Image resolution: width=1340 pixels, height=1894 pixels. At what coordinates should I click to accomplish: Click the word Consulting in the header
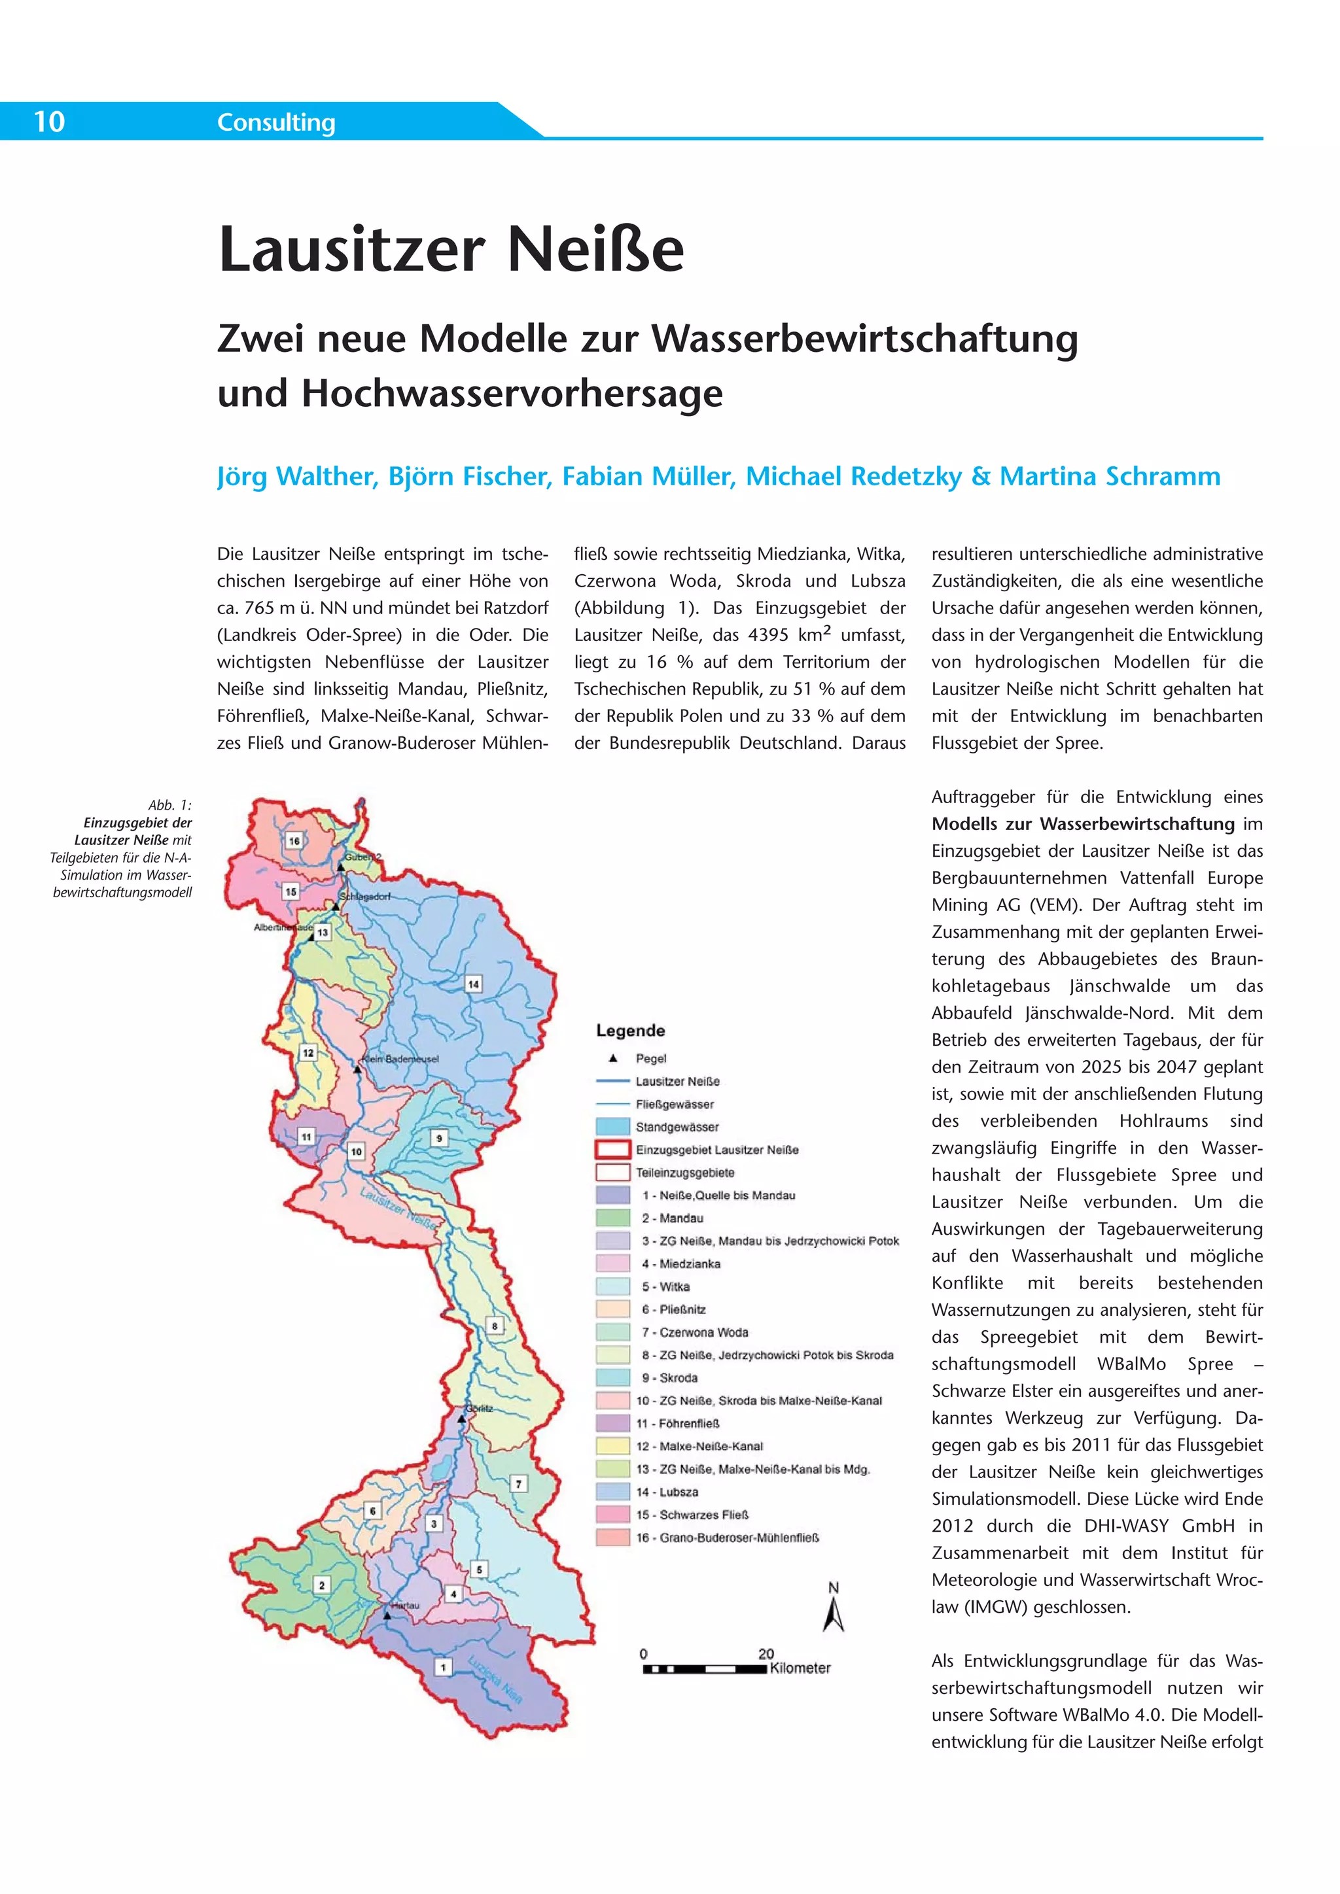tap(275, 123)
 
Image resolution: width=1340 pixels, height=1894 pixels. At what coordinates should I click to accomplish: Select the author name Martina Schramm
tap(1110, 476)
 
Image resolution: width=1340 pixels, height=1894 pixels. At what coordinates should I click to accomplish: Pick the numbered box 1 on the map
tap(443, 1667)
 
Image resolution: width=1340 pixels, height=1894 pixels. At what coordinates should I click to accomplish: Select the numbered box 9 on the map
tap(439, 1139)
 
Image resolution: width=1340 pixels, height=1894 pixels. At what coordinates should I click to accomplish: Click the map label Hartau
tap(405, 1606)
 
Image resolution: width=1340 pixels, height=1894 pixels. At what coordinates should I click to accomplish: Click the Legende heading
tap(630, 1030)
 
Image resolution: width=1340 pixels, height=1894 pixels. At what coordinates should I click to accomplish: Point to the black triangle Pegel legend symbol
tap(612, 1058)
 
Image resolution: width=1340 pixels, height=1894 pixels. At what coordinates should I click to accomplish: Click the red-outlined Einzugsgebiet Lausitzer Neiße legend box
tap(612, 1149)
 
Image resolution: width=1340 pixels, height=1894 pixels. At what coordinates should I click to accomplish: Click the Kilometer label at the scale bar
tap(800, 1668)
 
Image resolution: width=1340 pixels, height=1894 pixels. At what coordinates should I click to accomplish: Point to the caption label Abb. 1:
tap(170, 805)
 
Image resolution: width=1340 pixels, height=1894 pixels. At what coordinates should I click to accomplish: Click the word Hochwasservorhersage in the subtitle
tap(512, 394)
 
